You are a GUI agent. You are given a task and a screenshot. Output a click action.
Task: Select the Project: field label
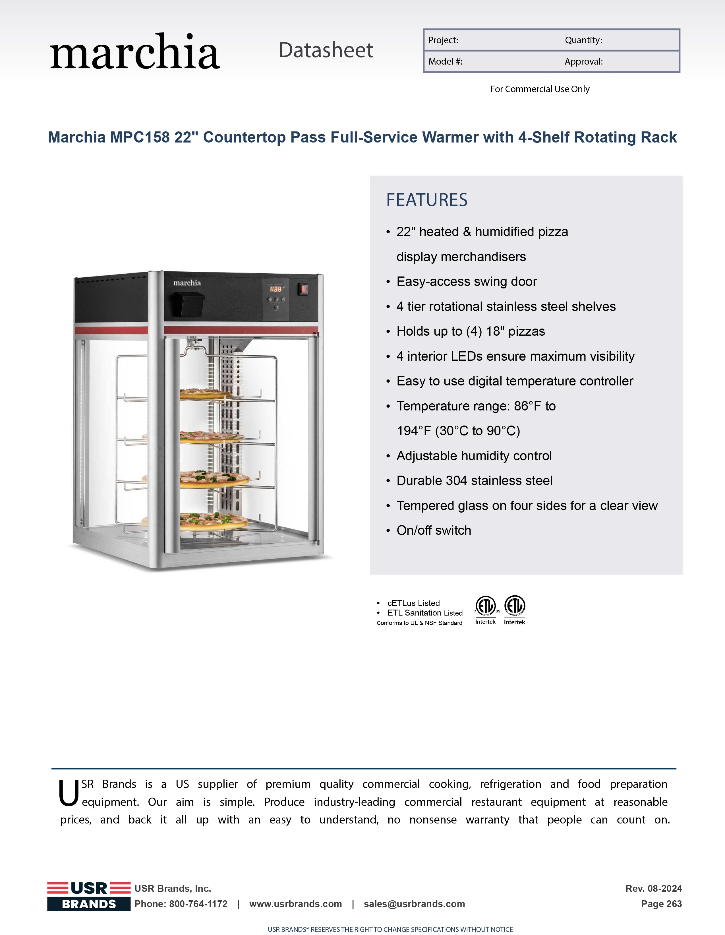click(443, 40)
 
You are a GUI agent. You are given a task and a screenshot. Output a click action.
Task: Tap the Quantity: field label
click(583, 40)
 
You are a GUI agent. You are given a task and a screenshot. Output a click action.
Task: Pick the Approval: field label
click(583, 62)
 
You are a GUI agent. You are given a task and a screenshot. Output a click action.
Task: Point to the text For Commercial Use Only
click(540, 89)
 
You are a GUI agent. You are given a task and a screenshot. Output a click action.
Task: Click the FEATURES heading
click(427, 200)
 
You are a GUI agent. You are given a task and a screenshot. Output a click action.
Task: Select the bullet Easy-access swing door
click(467, 282)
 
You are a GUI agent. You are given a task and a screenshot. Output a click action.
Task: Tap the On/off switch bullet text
click(434, 531)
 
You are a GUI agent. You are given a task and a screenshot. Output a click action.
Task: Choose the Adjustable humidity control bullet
click(474, 456)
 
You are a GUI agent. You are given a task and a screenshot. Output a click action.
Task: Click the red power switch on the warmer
click(303, 289)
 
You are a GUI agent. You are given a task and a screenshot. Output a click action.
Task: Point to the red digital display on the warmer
click(275, 289)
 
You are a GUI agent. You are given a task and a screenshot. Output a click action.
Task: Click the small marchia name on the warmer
click(187, 283)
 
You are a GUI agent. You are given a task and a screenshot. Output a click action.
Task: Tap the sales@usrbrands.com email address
click(414, 904)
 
